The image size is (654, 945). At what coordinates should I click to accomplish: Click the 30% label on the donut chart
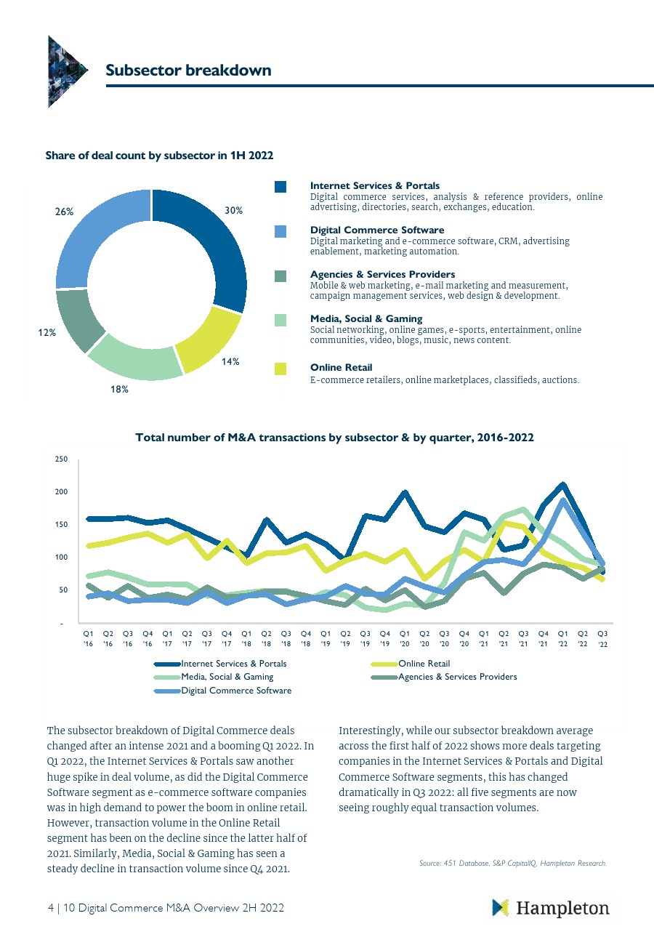[x=233, y=211]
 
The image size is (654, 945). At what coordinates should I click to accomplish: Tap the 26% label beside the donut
[x=65, y=212]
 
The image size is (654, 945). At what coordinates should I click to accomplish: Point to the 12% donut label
[x=47, y=333]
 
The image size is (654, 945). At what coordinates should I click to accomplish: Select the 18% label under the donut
[x=120, y=390]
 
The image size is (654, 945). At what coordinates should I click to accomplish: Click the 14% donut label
[x=231, y=361]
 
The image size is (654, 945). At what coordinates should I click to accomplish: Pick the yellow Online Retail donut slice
[x=207, y=338]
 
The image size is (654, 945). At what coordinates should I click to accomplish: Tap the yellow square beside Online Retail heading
[x=280, y=369]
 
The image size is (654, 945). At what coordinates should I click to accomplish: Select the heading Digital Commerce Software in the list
[x=377, y=230]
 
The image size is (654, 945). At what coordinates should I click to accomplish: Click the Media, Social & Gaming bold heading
[x=366, y=319]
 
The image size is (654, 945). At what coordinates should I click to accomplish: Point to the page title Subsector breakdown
[x=188, y=71]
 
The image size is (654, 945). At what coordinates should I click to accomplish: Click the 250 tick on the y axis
[x=62, y=459]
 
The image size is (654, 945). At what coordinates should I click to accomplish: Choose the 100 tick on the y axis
[x=62, y=558]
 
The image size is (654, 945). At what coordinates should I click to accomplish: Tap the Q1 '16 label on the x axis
[x=89, y=638]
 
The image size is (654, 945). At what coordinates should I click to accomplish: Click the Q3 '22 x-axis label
[x=602, y=638]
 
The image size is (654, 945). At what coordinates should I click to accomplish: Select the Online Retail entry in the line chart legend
[x=424, y=664]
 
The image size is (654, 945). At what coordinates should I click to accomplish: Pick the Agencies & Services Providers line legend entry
[x=457, y=677]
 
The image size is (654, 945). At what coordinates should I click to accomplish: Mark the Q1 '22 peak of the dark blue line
[x=563, y=485]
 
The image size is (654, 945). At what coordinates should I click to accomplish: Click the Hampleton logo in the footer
[x=550, y=908]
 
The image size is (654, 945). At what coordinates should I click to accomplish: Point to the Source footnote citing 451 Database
[x=512, y=864]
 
